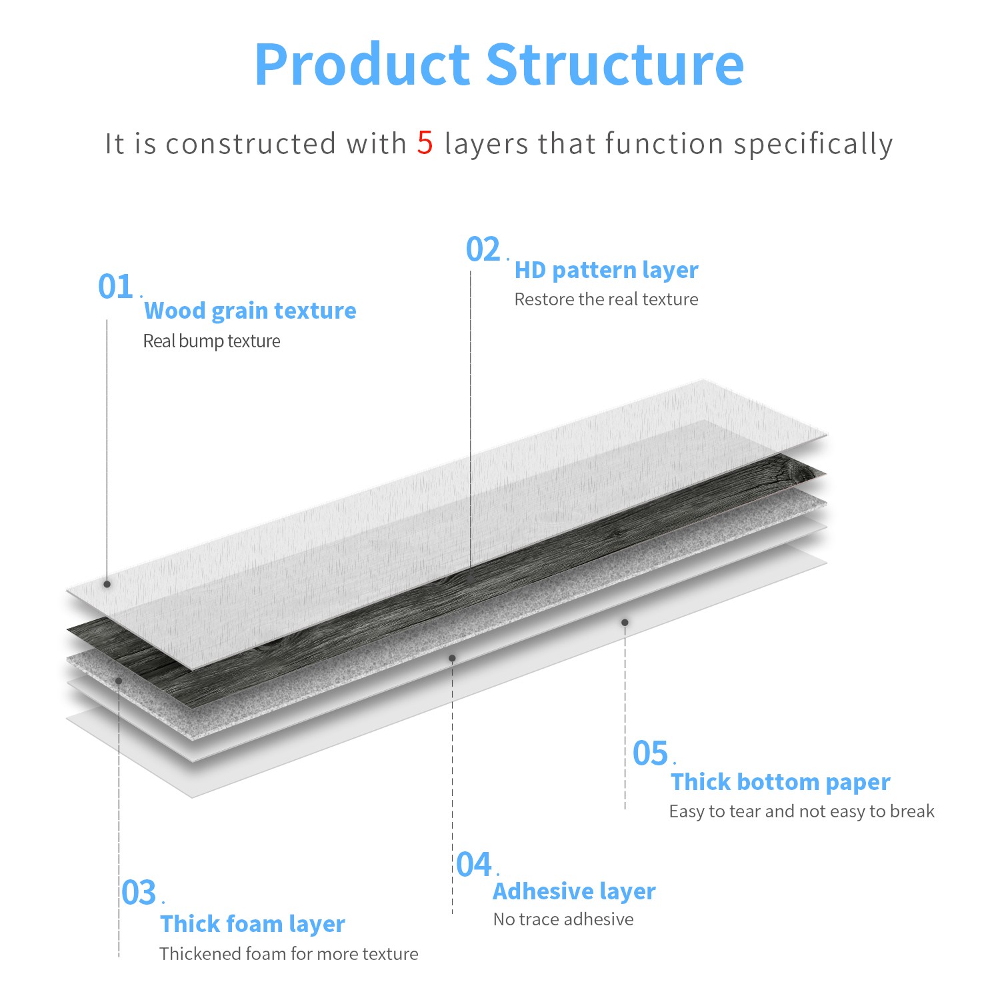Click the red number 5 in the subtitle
pos(425,143)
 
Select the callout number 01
pos(115,287)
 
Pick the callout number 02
pos(483,250)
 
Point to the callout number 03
pos(139,893)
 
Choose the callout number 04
pos(474,865)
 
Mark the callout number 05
pos(650,753)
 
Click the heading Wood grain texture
pos(250,311)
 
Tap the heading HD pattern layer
pos(607,270)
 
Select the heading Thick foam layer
pos(253,924)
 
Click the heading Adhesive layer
pos(574,891)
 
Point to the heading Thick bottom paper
pos(780,781)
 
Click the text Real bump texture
pos(211,341)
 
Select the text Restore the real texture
pos(606,299)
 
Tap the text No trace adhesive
pos(563,919)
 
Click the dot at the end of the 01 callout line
pos(107,584)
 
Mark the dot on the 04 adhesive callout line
pos(452,658)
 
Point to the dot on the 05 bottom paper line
pos(625,622)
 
